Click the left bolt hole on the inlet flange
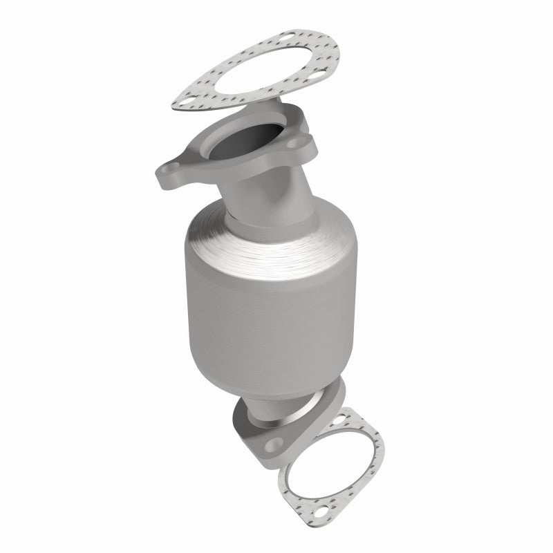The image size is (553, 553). (170, 170)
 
